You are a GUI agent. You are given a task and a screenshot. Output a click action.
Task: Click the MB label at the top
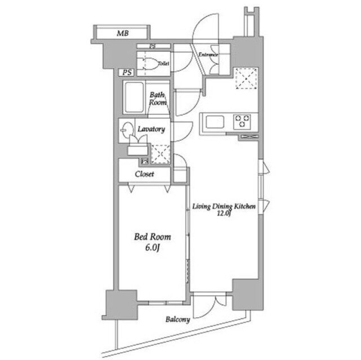click(123, 33)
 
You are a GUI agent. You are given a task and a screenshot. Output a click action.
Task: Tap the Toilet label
click(164, 63)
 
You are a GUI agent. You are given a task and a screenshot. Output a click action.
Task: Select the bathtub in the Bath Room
click(134, 97)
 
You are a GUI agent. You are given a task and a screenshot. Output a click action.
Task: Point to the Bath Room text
click(158, 99)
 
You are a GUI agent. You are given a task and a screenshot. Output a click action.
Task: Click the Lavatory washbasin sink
click(127, 130)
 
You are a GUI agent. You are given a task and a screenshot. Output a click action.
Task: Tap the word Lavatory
click(151, 129)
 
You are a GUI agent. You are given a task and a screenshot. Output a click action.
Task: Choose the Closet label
click(144, 174)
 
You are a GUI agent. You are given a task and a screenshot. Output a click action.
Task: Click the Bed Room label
click(152, 237)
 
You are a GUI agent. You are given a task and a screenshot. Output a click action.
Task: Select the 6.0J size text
click(152, 247)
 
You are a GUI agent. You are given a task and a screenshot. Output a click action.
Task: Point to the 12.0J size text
click(224, 214)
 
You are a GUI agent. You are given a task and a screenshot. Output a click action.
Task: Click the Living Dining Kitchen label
click(224, 206)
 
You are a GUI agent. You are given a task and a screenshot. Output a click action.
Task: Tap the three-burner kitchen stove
click(242, 121)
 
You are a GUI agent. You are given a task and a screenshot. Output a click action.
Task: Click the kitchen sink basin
click(215, 122)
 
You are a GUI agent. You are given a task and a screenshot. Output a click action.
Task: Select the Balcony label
click(178, 319)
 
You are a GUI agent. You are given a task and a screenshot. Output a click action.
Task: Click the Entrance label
click(208, 55)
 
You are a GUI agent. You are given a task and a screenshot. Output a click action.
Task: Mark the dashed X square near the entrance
click(246, 78)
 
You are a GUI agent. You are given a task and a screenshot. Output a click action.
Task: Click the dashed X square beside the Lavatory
click(161, 154)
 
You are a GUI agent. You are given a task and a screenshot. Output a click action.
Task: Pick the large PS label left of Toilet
click(127, 73)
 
